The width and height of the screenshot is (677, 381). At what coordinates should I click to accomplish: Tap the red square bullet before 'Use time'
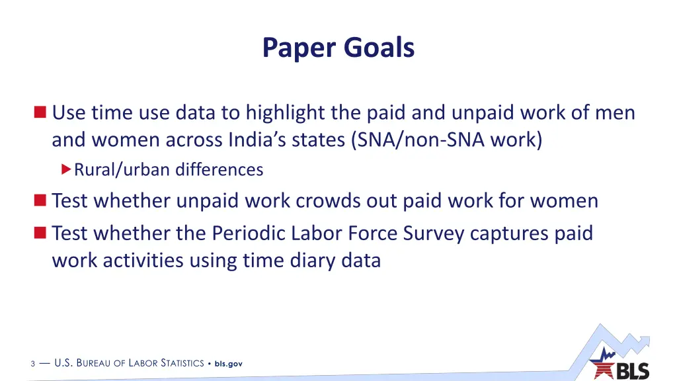[41, 113]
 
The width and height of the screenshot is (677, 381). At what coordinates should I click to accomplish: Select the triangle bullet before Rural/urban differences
[65, 170]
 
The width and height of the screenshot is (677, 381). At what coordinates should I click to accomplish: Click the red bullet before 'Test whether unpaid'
[41, 200]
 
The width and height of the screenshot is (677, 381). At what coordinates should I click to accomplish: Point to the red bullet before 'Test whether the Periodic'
[41, 233]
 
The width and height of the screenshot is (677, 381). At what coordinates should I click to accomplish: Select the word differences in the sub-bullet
[219, 171]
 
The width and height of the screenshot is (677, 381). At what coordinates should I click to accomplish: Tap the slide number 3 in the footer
[32, 364]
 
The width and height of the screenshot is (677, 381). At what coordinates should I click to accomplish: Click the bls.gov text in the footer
[229, 364]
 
